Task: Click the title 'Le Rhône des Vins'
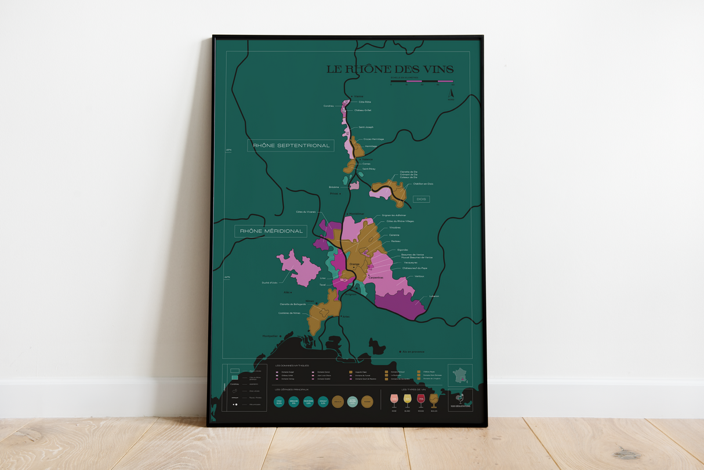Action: [x=390, y=70]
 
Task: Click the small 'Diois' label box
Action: [x=421, y=199]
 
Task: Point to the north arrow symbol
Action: [x=451, y=93]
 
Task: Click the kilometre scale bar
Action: [x=422, y=82]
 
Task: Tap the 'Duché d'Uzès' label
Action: [x=270, y=283]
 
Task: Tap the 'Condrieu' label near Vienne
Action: [x=328, y=106]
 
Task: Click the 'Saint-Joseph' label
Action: [x=366, y=127]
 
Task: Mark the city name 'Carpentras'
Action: [x=376, y=278]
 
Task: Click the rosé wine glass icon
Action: [x=394, y=399]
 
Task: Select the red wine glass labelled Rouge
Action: [x=421, y=399]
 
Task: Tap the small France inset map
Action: [x=460, y=375]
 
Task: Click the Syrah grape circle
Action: [x=279, y=401]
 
